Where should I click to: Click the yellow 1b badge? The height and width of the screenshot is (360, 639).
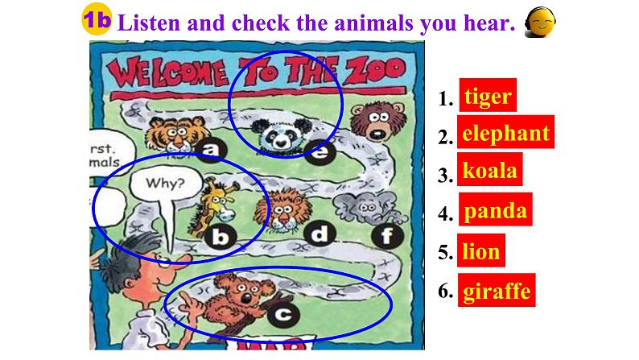pos(97,23)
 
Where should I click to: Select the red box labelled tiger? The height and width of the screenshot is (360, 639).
pos(487,97)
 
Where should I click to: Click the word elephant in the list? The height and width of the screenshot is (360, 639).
pos(506,134)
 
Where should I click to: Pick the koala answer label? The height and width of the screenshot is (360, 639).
pos(489,172)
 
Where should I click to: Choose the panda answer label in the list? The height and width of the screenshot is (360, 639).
pos(496,212)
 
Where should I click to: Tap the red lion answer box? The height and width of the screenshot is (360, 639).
pos(481,251)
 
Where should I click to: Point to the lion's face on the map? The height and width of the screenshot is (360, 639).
pos(284,209)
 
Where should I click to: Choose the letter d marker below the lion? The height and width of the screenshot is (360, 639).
pos(320,234)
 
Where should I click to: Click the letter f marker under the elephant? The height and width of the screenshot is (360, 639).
pos(388,235)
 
